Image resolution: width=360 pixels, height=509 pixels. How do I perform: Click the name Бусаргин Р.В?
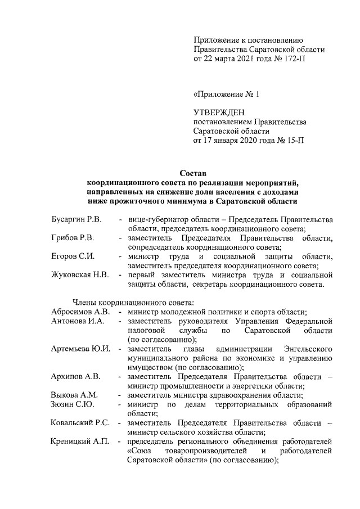click(76, 218)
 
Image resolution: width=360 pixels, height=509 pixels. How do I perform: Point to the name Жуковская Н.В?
click(79, 275)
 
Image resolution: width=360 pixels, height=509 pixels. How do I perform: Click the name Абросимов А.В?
click(80, 311)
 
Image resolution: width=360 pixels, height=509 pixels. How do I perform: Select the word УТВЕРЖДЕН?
click(219, 112)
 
